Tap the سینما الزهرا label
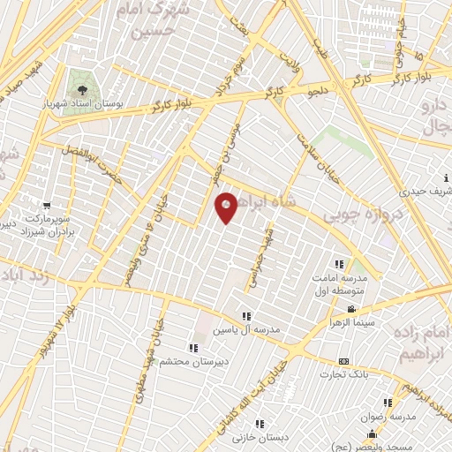350,322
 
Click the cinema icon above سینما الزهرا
351,309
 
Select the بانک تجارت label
343,374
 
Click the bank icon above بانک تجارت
343,362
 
